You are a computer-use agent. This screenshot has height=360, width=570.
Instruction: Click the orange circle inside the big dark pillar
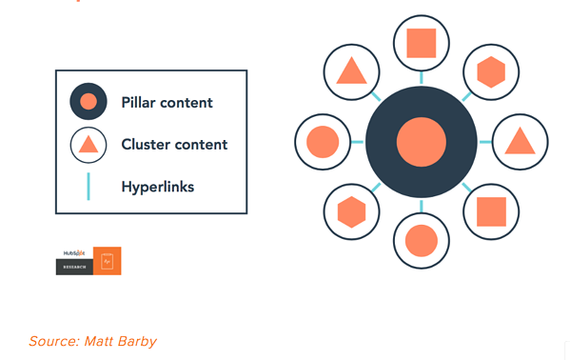pyautogui.click(x=421, y=142)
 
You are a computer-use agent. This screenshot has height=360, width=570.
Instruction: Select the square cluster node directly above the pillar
pyautogui.click(x=421, y=43)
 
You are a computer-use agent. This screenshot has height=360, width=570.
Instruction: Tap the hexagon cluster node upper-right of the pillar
pyautogui.click(x=490, y=71)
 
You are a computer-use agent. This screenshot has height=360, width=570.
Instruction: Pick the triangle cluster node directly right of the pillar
pyautogui.click(x=520, y=141)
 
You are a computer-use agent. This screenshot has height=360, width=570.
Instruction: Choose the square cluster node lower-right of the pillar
pyautogui.click(x=490, y=210)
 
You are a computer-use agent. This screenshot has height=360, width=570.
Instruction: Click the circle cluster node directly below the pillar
pyautogui.click(x=421, y=240)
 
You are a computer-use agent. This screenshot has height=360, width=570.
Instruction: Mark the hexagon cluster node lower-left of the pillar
pyautogui.click(x=351, y=210)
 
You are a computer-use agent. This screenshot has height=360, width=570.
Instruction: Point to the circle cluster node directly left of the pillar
pyautogui.click(x=323, y=142)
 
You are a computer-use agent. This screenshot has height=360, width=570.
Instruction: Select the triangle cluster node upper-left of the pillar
pyautogui.click(x=351, y=71)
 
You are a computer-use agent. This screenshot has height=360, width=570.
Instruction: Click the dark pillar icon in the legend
pyautogui.click(x=88, y=102)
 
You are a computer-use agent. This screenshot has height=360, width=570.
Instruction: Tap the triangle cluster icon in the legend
pyautogui.click(x=88, y=145)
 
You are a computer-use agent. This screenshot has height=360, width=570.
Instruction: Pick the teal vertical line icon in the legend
pyautogui.click(x=88, y=186)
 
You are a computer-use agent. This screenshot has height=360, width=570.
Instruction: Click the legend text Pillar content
pyautogui.click(x=167, y=102)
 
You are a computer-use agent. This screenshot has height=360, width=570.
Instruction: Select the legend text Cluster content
pyautogui.click(x=174, y=145)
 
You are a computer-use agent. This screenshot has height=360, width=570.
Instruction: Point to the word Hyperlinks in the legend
pyautogui.click(x=157, y=187)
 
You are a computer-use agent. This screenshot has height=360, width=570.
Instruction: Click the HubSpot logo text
pyautogui.click(x=73, y=253)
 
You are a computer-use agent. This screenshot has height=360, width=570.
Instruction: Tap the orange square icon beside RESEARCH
pyautogui.click(x=107, y=261)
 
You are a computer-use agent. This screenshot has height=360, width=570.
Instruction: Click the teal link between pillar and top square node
pyautogui.click(x=421, y=76)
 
